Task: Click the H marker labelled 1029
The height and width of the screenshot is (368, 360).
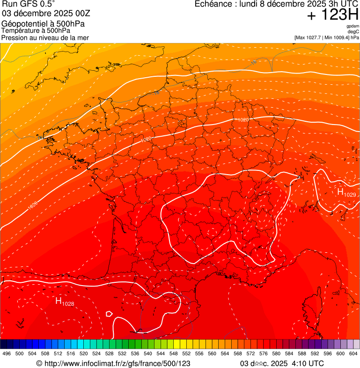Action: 341,191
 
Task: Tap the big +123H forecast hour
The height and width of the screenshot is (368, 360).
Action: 333,15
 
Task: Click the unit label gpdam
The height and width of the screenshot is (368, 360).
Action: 353,26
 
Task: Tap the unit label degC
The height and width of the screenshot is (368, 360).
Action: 353,32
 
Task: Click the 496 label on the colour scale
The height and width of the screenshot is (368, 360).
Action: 7,353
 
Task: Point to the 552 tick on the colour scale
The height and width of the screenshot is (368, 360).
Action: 186,353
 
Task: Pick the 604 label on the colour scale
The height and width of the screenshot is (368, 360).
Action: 353,353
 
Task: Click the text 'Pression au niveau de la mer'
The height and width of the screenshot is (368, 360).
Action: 45,37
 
